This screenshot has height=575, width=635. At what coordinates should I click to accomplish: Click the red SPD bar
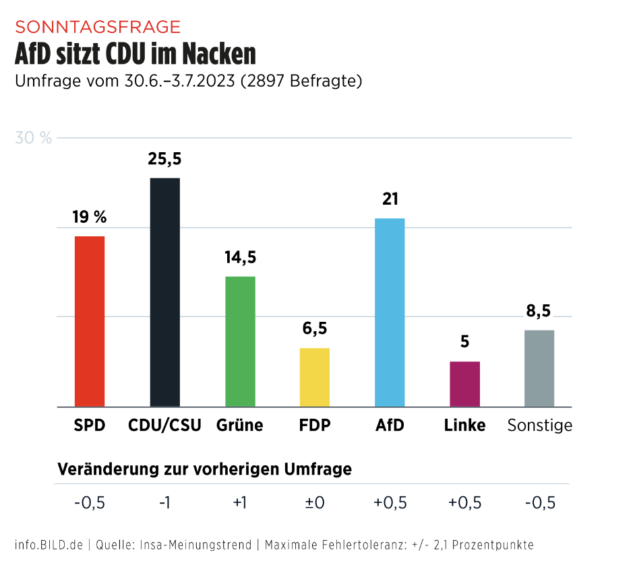(x=89, y=321)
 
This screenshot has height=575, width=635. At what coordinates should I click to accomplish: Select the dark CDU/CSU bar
(x=164, y=292)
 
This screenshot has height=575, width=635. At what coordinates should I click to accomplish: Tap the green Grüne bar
(x=240, y=341)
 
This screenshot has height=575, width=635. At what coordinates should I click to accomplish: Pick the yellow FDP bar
(x=315, y=377)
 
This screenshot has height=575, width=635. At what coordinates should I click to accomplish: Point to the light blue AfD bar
(x=390, y=312)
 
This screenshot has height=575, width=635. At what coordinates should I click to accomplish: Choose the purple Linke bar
(x=465, y=384)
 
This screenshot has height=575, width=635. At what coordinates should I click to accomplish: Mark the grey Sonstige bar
(x=539, y=368)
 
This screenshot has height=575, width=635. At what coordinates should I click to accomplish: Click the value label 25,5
(x=164, y=160)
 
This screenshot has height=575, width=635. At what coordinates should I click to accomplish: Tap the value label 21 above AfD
(x=390, y=199)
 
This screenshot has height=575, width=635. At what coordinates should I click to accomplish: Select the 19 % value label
(x=90, y=217)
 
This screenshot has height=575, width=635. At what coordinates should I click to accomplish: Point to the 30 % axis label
(x=34, y=138)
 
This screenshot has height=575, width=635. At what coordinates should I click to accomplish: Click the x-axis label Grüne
(x=240, y=426)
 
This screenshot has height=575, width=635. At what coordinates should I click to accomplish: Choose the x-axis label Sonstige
(x=539, y=426)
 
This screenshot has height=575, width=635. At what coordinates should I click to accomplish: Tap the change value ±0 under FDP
(x=315, y=503)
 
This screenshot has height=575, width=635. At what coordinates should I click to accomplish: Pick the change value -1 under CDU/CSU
(x=164, y=503)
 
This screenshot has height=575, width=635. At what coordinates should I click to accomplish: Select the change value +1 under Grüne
(x=240, y=503)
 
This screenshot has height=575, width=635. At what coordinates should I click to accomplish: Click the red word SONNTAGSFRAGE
(x=98, y=27)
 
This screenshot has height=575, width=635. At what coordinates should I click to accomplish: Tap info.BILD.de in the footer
(x=49, y=545)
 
